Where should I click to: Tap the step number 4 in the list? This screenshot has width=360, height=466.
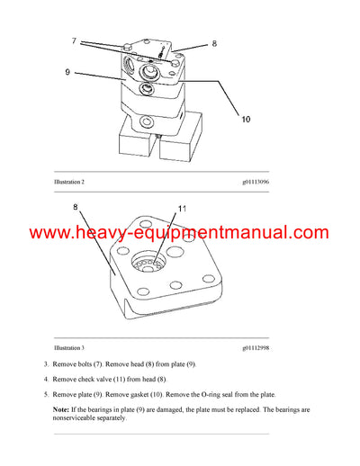point(46,379)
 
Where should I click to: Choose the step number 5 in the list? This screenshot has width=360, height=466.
point(46,394)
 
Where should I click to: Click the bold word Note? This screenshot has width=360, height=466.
point(63,410)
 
